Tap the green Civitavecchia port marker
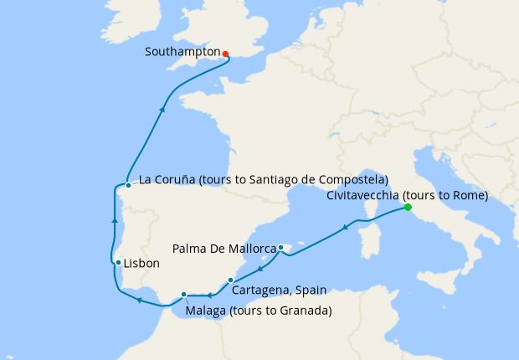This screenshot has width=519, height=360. [408, 207]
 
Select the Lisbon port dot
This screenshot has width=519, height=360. [119, 262]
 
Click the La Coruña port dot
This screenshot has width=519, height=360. [128, 185]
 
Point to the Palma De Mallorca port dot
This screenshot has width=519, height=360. [282, 247]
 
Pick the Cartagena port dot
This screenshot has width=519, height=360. [231, 280]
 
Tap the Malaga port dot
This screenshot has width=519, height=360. [184, 294]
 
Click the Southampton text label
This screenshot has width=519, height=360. [182, 52]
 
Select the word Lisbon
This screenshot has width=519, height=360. [141, 263]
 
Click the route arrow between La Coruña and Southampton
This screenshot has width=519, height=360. [162, 110]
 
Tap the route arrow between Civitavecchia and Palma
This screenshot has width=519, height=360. [345, 227]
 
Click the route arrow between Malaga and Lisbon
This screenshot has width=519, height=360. [140, 300]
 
